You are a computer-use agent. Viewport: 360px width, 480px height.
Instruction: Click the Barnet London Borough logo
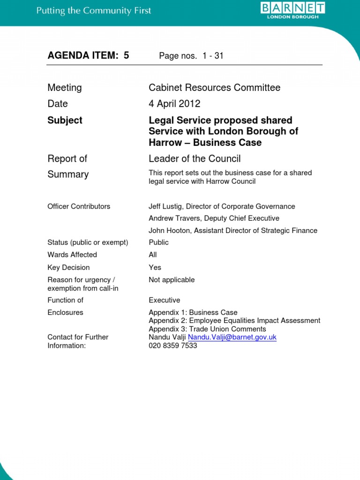pos(292,10)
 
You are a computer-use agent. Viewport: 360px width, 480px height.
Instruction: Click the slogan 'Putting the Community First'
pos(94,10)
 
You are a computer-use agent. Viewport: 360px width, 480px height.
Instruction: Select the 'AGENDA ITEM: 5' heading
pos(88,56)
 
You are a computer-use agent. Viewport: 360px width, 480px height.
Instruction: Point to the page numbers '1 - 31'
pos(213,56)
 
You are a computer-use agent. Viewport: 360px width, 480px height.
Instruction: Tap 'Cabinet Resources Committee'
pos(214,88)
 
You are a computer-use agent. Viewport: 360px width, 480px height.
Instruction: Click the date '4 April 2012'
pos(174,104)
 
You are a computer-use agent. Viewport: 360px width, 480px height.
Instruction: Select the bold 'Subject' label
pos(65,120)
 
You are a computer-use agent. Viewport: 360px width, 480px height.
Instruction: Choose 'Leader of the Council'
pos(195,159)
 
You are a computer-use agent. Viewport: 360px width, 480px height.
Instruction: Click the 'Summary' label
pos(68,174)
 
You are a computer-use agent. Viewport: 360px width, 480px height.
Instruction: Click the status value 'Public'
pos(158,242)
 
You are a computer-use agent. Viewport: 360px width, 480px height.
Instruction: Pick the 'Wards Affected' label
pos(72,255)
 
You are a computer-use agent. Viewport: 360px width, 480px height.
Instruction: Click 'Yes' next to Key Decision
pos(155,267)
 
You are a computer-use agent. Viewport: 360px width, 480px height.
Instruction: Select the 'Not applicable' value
pos(172,280)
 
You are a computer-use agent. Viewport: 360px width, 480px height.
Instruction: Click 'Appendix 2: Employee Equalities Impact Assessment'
pos(234,321)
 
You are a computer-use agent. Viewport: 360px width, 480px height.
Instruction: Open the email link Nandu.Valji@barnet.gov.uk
pos(232,337)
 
